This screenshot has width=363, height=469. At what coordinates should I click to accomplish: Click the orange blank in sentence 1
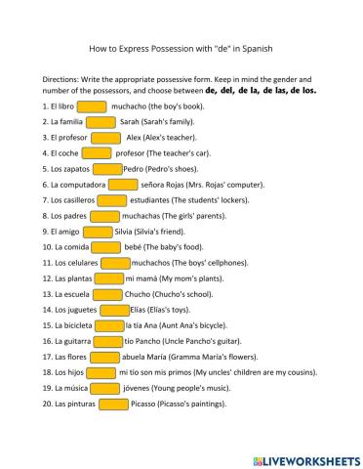[x=91, y=107]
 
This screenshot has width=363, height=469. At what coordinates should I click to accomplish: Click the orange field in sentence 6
[x=123, y=184]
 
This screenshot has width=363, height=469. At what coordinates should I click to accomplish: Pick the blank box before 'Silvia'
[x=99, y=232]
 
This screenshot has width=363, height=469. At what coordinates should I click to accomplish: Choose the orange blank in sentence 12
[x=108, y=278]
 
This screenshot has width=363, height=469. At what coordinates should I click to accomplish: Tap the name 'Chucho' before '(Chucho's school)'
[x=140, y=294]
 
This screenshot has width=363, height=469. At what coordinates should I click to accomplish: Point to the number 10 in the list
[x=47, y=247]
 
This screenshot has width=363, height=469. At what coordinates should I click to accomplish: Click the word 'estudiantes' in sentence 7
[x=148, y=200]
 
